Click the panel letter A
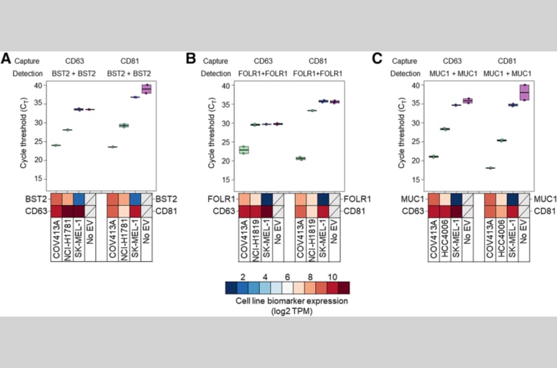point(6,58)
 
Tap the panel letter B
point(191,58)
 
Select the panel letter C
point(377,58)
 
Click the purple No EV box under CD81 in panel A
point(146,89)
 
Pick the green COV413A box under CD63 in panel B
point(244,150)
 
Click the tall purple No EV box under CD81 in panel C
point(524,92)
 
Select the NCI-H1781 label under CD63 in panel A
point(68,240)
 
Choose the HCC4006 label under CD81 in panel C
point(501,239)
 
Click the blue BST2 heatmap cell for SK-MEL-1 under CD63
point(79,199)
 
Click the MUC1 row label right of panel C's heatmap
point(545,199)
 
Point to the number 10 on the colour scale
point(332,277)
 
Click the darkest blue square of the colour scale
point(231,288)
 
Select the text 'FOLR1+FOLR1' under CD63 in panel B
point(263,74)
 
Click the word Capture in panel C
point(404,61)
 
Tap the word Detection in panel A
point(28,74)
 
